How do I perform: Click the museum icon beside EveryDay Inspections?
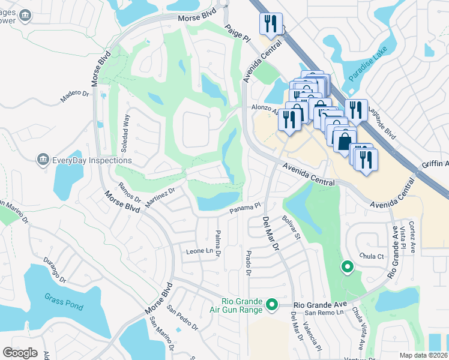(43, 160)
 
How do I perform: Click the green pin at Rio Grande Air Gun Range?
(271, 305)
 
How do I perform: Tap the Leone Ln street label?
(200, 251)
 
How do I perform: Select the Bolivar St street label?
(291, 228)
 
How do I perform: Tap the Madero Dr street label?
(74, 97)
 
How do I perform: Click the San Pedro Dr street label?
(182, 319)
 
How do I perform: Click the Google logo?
(20, 353)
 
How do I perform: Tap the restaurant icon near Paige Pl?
(270, 24)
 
